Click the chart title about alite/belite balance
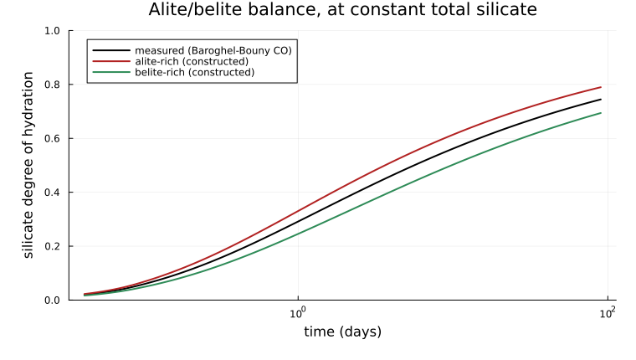[x=343, y=10]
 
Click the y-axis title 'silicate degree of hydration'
[x=28, y=165]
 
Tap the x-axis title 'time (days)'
[x=343, y=332]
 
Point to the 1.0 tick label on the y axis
[x=52, y=31]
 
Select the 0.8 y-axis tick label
[x=52, y=85]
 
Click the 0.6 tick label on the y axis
[x=52, y=138]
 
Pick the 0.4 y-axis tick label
[x=52, y=193]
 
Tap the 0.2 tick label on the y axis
[x=52, y=246]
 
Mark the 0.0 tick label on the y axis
[x=52, y=301]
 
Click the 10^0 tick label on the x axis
[x=298, y=313]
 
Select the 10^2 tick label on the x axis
[x=608, y=313]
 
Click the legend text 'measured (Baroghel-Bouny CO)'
[x=213, y=51]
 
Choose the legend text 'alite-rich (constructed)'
[x=192, y=62]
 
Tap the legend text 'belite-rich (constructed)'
[x=195, y=72]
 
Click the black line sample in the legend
[x=111, y=50]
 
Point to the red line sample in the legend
[x=111, y=61]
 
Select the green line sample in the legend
[x=111, y=72]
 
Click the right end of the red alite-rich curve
[x=601, y=87]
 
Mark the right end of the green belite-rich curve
[x=601, y=113]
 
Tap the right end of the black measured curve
[x=601, y=100]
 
